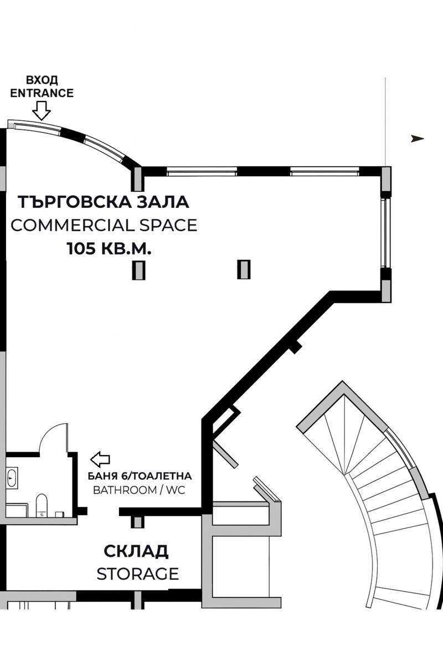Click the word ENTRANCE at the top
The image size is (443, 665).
click(42, 93)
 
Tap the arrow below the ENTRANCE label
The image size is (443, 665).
click(42, 112)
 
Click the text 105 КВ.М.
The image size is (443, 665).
click(109, 249)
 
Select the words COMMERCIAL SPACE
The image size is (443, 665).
click(104, 226)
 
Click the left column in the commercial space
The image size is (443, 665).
click(138, 270)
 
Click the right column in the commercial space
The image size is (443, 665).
click(244, 269)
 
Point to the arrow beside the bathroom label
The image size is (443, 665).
click(100, 459)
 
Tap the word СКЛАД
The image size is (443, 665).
click(136, 551)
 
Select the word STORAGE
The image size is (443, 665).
click(137, 574)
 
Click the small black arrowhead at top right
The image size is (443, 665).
click(418, 139)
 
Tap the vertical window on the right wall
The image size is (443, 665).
click(385, 233)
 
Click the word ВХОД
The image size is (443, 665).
click(42, 81)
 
